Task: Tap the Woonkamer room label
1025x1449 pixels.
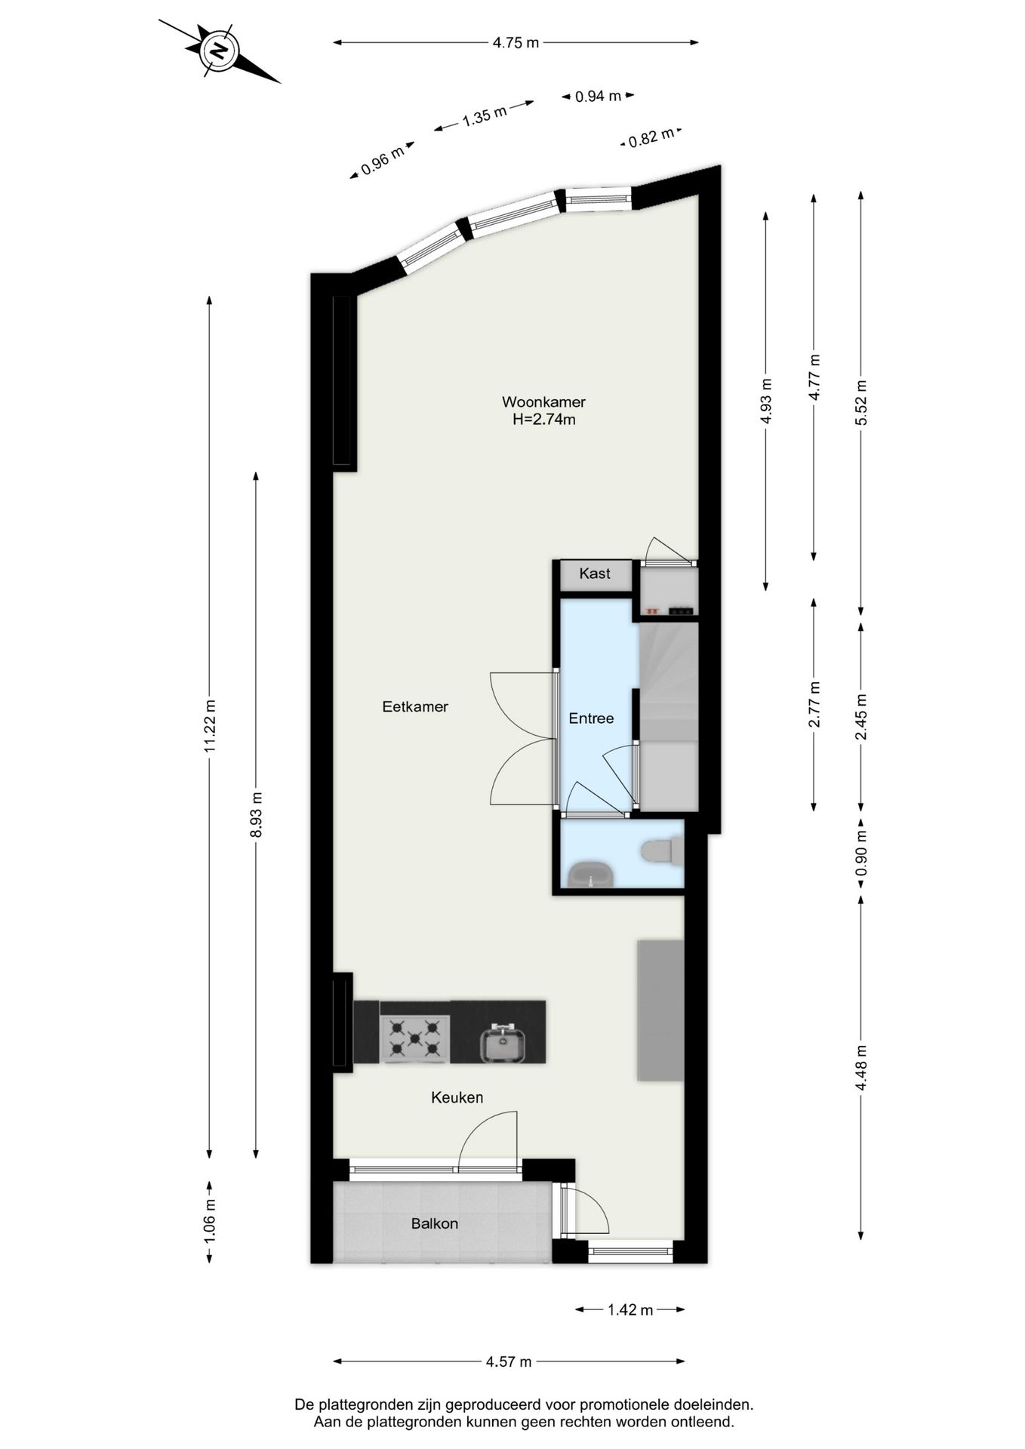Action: [x=543, y=402]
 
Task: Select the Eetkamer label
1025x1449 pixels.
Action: [x=415, y=707]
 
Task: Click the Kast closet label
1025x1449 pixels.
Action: [x=595, y=574]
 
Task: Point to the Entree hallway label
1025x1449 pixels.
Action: [x=591, y=718]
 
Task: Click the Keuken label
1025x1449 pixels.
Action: [x=457, y=1097]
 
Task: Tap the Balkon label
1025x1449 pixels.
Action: [x=435, y=1223]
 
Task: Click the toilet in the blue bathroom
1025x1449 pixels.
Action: [x=661, y=852]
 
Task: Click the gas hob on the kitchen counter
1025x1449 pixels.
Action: [x=414, y=1038]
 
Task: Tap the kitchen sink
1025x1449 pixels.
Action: [x=503, y=1044]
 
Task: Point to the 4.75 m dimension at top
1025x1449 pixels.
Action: [x=516, y=43]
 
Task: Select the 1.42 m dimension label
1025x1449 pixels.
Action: [x=630, y=1310]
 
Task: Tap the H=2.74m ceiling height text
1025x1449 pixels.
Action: [x=543, y=420]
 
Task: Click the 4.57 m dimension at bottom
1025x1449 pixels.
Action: [x=509, y=1361]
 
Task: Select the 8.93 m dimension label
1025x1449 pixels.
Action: [x=257, y=814]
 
